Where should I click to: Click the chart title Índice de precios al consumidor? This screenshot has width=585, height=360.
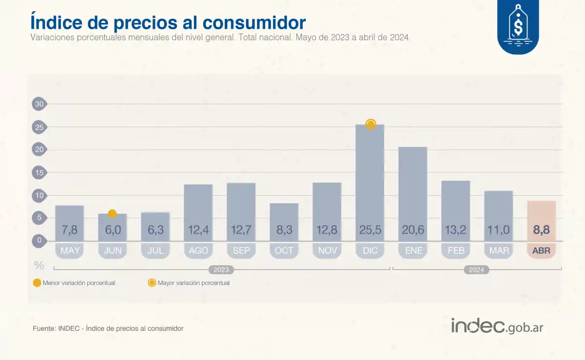(x=168, y=22)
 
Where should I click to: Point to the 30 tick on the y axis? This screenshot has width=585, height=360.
(x=39, y=104)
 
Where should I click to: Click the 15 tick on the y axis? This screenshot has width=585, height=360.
(x=39, y=172)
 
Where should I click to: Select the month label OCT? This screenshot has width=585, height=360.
(x=284, y=251)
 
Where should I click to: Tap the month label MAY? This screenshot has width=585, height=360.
(x=69, y=251)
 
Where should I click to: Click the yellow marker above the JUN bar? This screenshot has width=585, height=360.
(x=112, y=213)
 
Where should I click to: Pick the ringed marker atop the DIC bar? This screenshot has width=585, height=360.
(x=370, y=124)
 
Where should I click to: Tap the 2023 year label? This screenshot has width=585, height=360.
(x=221, y=269)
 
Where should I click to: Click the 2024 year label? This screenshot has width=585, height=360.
(x=476, y=269)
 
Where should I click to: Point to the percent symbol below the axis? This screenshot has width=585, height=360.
(x=39, y=265)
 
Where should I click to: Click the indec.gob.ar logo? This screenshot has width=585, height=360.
(x=497, y=326)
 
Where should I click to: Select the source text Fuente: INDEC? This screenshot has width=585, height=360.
(x=108, y=328)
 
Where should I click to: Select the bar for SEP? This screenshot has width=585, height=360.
(x=241, y=205)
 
